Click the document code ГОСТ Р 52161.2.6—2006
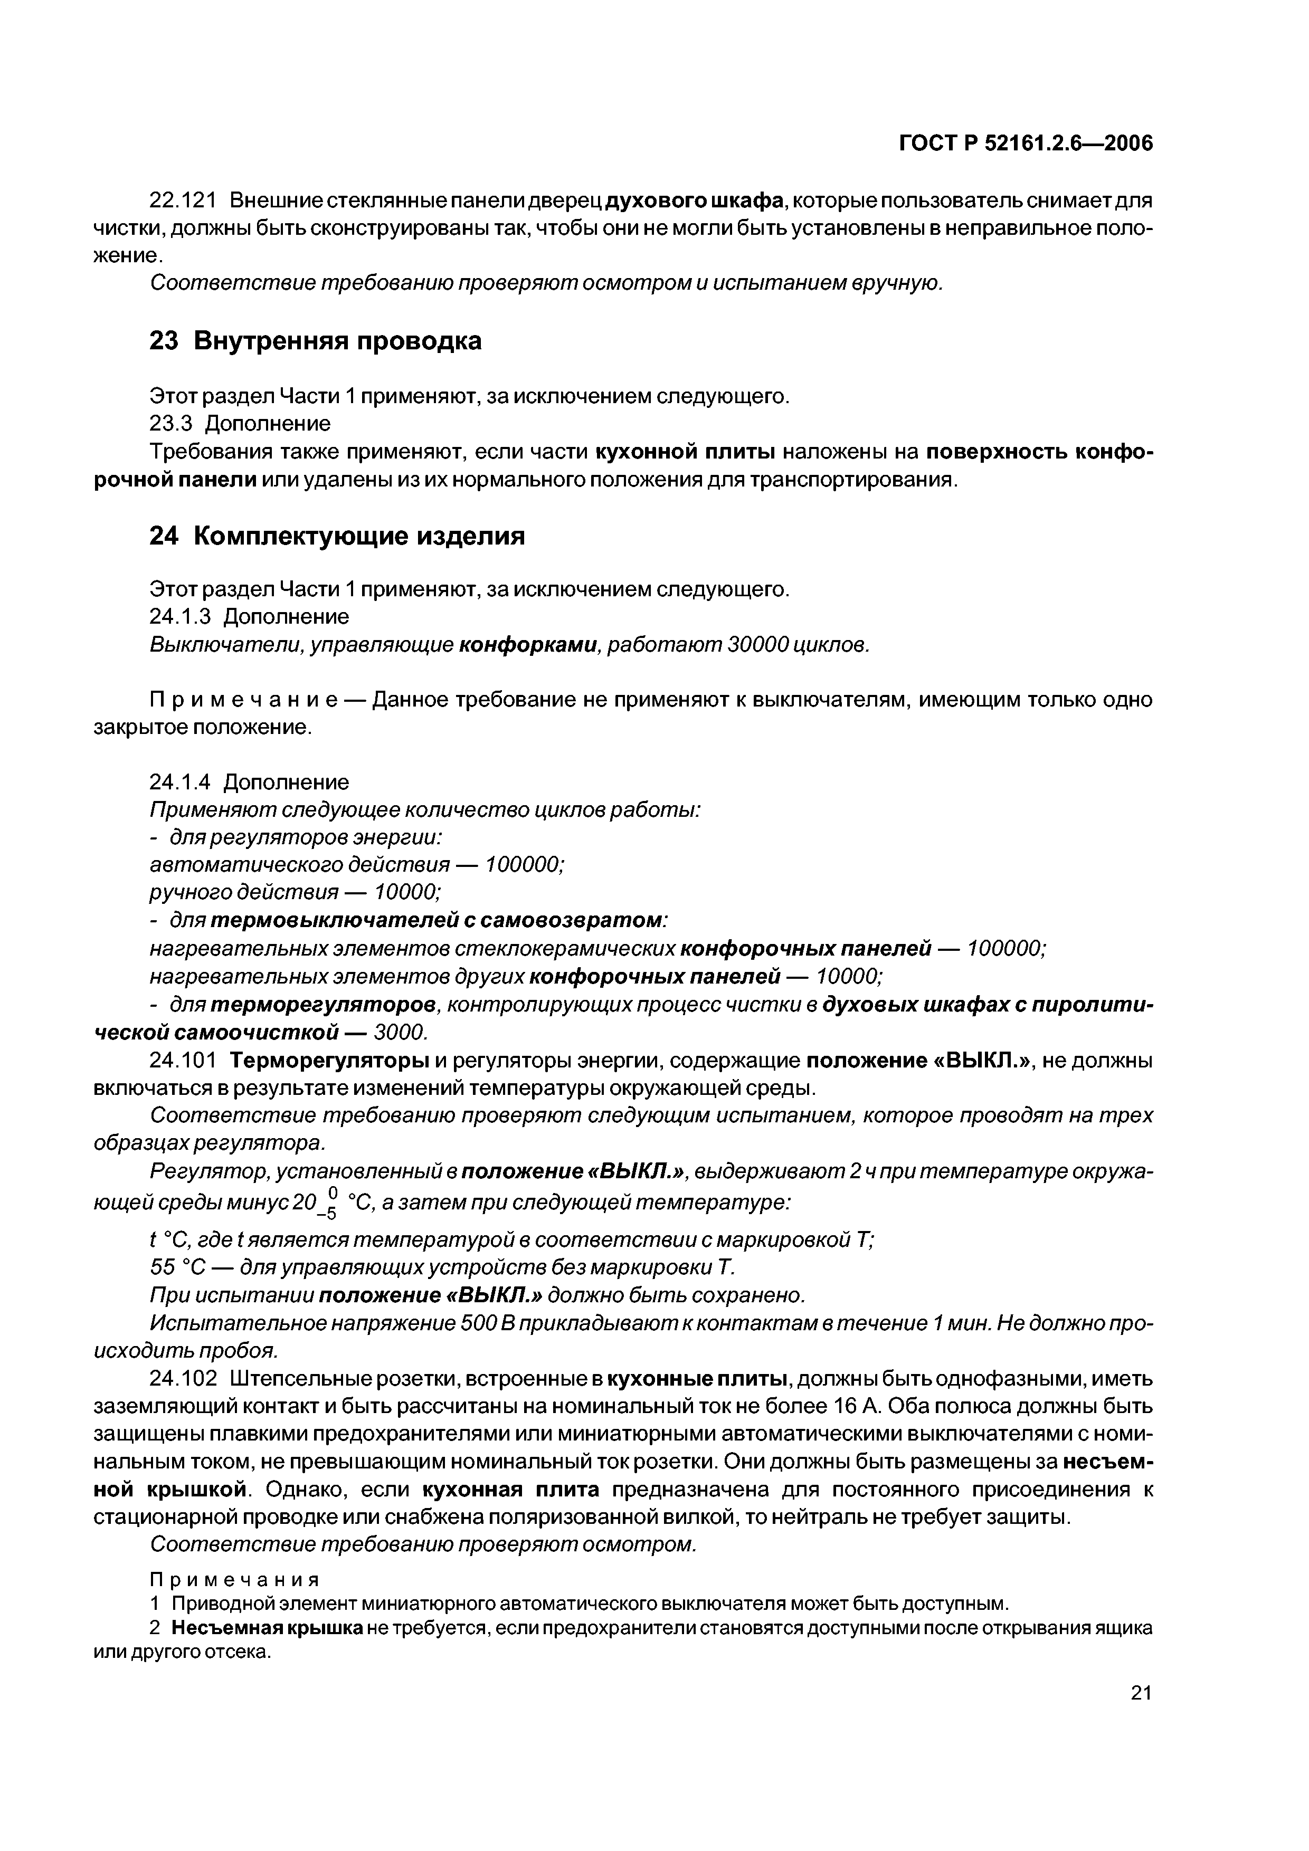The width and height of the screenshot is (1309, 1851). [x=1026, y=144]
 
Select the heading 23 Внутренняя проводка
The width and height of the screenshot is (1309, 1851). [x=315, y=341]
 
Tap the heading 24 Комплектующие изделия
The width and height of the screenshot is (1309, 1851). [x=337, y=536]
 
